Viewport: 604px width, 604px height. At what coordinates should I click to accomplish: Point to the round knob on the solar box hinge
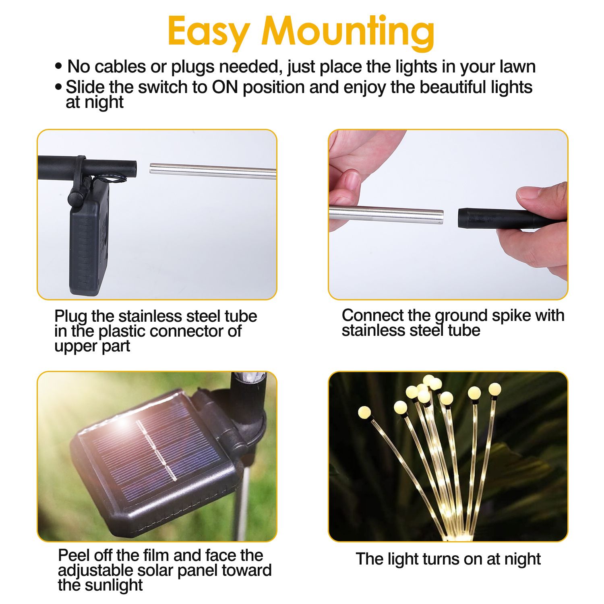(75, 198)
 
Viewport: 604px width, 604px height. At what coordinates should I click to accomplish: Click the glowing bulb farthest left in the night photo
(364, 412)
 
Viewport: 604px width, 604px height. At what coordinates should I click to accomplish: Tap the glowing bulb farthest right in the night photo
(495, 389)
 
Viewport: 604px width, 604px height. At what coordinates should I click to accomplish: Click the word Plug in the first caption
(70, 316)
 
